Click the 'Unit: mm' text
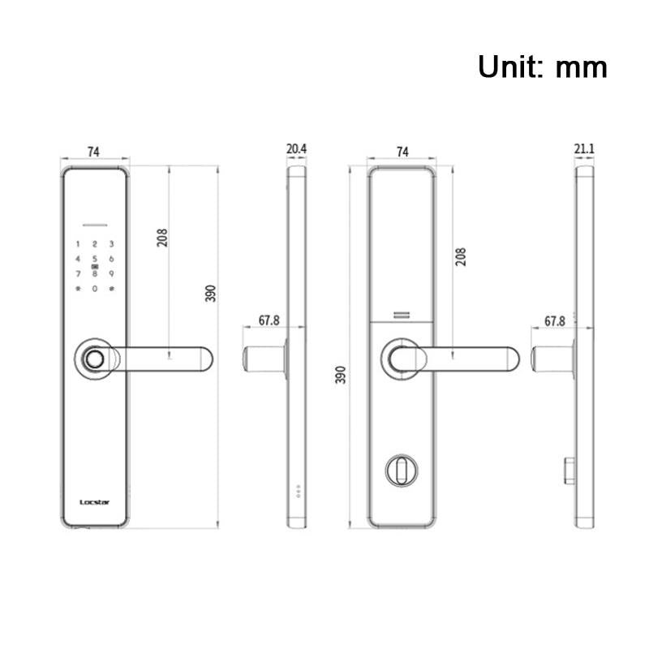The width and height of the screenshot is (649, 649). (542, 66)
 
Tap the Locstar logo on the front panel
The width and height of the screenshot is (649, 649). (95, 501)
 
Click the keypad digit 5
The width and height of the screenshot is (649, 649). (95, 259)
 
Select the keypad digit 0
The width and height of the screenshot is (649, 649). (95, 289)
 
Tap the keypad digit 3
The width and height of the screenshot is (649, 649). (112, 243)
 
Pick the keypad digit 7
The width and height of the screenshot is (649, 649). (78, 273)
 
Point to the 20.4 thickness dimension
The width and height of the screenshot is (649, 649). (297, 149)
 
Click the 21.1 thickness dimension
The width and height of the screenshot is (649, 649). (584, 149)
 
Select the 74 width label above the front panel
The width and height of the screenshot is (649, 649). (93, 152)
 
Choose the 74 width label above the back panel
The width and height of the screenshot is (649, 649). (401, 152)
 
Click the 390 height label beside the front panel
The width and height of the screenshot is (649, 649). (210, 294)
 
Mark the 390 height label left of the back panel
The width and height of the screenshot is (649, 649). (341, 375)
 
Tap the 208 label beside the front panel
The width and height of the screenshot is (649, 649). (162, 237)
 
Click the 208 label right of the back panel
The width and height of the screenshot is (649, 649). (461, 257)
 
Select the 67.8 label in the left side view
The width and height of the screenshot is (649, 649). (269, 320)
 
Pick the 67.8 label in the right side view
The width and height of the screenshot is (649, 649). (555, 321)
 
